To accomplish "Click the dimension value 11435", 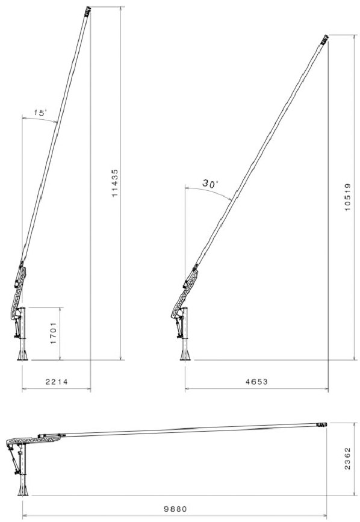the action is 115,183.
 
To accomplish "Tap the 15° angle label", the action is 39,113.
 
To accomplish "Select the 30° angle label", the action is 210,184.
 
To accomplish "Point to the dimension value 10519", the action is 347,197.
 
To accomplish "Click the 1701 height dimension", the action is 54,333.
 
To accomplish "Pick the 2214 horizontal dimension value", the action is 57,382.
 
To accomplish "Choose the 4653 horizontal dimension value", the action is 256,382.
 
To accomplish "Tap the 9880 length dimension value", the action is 176,509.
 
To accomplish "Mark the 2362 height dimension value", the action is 347,459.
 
